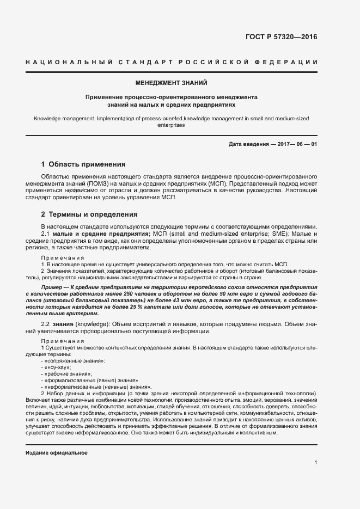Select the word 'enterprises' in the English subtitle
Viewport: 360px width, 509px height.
[x=171, y=125]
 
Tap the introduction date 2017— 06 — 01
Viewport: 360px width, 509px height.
[x=297, y=144]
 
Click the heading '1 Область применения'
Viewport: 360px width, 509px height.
[x=83, y=164]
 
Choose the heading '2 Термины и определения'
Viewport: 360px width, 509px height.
[x=89, y=214]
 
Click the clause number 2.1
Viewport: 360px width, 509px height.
[x=46, y=234]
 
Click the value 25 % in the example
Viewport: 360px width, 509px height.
[x=148, y=308]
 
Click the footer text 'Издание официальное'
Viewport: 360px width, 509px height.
[x=56, y=453]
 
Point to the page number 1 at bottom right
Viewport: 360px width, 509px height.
[x=315, y=463]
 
